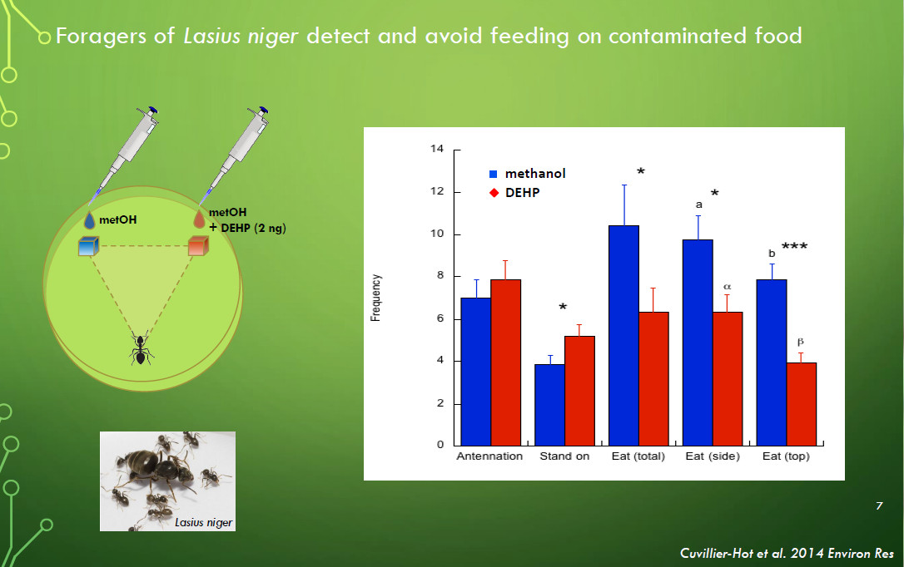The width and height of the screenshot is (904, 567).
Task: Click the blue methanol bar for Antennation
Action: (475, 372)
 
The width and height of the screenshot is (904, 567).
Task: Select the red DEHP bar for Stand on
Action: (579, 391)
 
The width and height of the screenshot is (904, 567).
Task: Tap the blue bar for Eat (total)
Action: (623, 336)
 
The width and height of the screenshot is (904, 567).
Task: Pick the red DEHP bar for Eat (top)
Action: (802, 404)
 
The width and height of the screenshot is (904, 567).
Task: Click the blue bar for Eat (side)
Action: (698, 343)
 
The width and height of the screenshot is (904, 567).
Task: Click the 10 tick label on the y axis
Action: (437, 234)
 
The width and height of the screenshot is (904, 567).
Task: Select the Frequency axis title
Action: (376, 298)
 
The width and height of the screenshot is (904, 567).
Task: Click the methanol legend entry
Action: (527, 173)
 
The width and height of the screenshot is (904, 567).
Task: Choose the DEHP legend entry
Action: (514, 193)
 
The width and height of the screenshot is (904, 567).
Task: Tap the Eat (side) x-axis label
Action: (713, 456)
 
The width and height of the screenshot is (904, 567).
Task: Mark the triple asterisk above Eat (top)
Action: (794, 247)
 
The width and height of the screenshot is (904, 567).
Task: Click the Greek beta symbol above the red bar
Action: (800, 342)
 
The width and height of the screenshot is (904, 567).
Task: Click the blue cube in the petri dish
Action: (89, 246)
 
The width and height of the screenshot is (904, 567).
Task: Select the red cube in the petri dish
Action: (198, 245)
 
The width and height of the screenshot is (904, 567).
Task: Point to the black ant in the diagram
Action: (141, 348)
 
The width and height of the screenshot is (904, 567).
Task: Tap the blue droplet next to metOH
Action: (89, 220)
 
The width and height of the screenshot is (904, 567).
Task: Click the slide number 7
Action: (879, 506)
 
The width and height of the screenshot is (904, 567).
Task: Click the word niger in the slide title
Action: (273, 37)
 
